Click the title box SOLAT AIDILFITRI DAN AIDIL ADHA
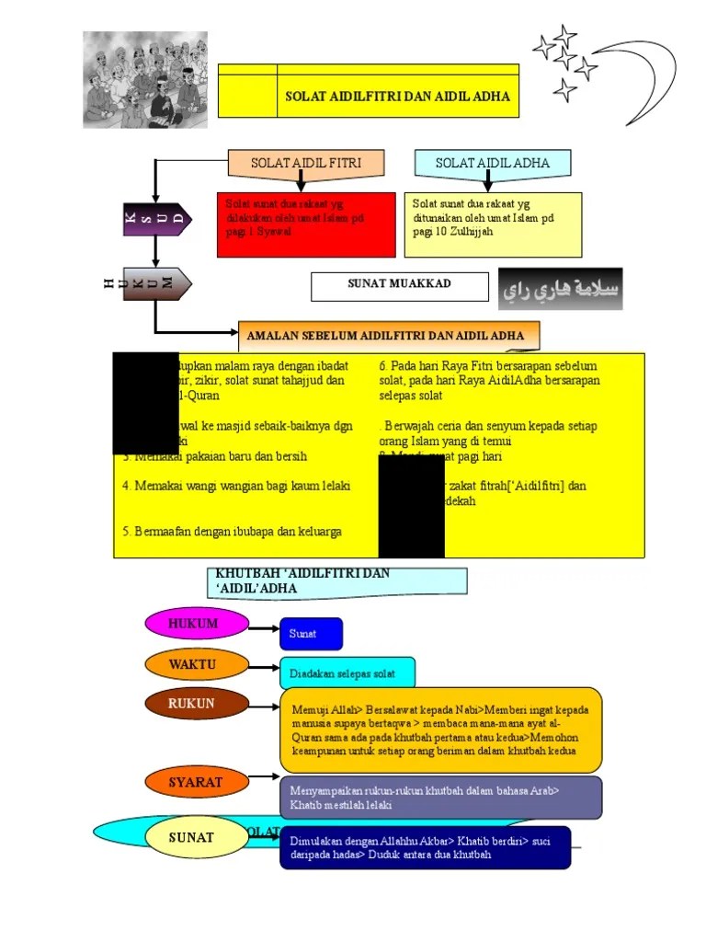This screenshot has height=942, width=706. (397, 96)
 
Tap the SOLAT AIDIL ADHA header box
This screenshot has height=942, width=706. (492, 164)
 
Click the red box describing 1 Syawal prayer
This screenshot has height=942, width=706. (306, 224)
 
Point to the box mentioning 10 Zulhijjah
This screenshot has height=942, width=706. (493, 224)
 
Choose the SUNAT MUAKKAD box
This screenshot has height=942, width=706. (400, 286)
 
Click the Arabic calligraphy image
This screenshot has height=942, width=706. (560, 289)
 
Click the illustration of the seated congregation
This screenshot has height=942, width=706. (145, 80)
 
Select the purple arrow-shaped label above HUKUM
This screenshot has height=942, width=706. (157, 219)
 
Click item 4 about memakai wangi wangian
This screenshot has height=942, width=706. (236, 485)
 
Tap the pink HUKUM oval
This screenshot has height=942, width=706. (196, 624)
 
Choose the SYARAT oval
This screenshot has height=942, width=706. (196, 783)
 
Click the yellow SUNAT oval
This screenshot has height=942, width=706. (191, 837)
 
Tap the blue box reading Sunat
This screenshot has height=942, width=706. (311, 634)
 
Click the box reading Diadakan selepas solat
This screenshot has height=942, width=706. (347, 673)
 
